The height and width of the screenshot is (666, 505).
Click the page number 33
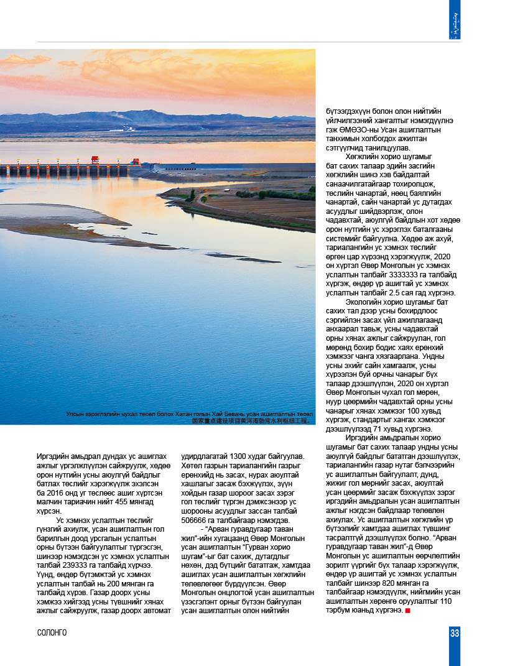point(455,633)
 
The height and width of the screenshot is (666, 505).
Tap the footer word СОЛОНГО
point(52,633)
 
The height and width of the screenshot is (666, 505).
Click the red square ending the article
point(407,611)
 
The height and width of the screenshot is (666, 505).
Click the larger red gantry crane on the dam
point(95,160)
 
